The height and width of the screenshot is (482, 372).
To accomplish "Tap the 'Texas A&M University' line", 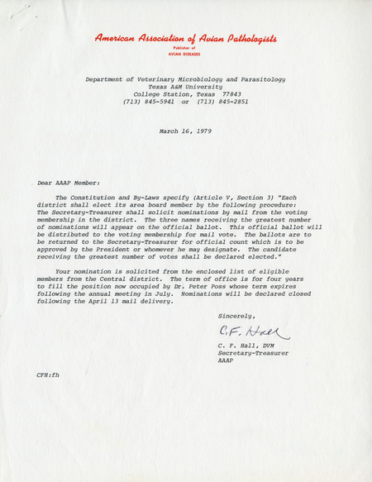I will (x=185, y=86).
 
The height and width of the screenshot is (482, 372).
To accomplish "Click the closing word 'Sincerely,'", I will (x=237, y=316).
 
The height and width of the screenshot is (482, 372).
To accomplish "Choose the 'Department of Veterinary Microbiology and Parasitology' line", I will (x=185, y=79).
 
